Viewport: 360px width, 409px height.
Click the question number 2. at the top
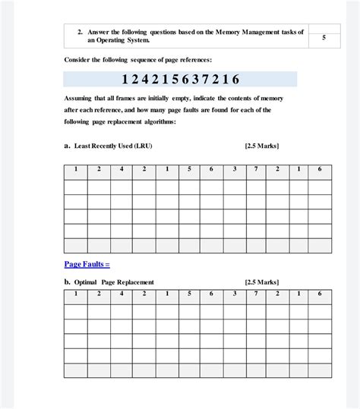point(80,33)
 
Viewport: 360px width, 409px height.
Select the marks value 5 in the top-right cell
point(324,37)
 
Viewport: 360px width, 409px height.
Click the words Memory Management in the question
point(251,33)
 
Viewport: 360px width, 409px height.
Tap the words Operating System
point(124,41)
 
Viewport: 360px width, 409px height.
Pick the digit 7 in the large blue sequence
point(204,79)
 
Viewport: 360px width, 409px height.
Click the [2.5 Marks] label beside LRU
point(262,146)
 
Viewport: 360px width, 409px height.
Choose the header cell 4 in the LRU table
point(122,168)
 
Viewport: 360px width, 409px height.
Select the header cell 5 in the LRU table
point(188,168)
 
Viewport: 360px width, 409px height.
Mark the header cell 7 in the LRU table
point(257,168)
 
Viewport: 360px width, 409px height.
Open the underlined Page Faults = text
point(87,263)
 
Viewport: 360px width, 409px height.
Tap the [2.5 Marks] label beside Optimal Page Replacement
point(262,282)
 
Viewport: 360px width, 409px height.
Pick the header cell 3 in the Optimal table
point(235,294)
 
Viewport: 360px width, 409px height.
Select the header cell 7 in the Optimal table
point(257,294)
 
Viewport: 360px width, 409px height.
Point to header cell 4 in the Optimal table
point(122,294)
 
